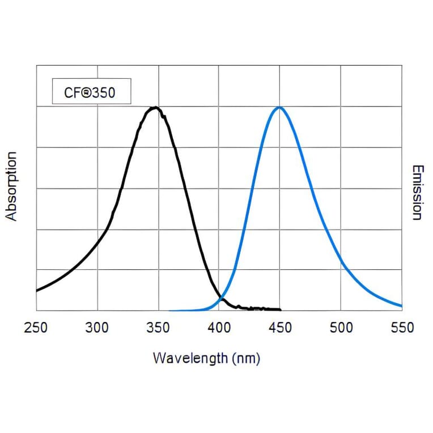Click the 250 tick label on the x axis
(36, 328)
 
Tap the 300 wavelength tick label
(97, 328)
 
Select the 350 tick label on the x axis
(158, 328)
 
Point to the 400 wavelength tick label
(219, 328)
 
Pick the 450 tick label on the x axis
(279, 328)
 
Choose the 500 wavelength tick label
(340, 328)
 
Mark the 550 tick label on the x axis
(401, 328)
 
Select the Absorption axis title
(12, 186)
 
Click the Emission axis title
(417, 193)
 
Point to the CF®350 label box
(91, 91)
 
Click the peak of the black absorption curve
(155, 107)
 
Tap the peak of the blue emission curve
(279, 107)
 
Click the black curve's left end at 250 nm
(37, 291)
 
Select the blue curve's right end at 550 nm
(401, 306)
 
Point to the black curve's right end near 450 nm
(280, 309)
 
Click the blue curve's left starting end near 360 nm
(171, 311)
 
